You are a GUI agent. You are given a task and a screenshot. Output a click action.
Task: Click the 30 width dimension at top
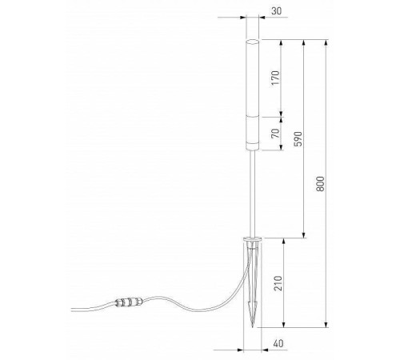tap(276, 12)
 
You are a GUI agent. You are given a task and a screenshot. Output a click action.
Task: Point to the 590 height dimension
tap(297, 138)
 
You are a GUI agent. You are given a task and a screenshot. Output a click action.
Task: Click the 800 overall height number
tap(320, 183)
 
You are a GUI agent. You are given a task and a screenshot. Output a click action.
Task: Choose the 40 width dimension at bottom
tap(276, 343)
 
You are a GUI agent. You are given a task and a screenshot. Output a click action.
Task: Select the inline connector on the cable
tap(128, 304)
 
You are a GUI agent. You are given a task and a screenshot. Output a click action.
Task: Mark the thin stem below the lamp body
tap(253, 192)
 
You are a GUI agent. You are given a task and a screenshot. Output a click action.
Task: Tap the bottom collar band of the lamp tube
tap(253, 146)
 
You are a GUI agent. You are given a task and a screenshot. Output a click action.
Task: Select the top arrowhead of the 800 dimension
tap(326, 42)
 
